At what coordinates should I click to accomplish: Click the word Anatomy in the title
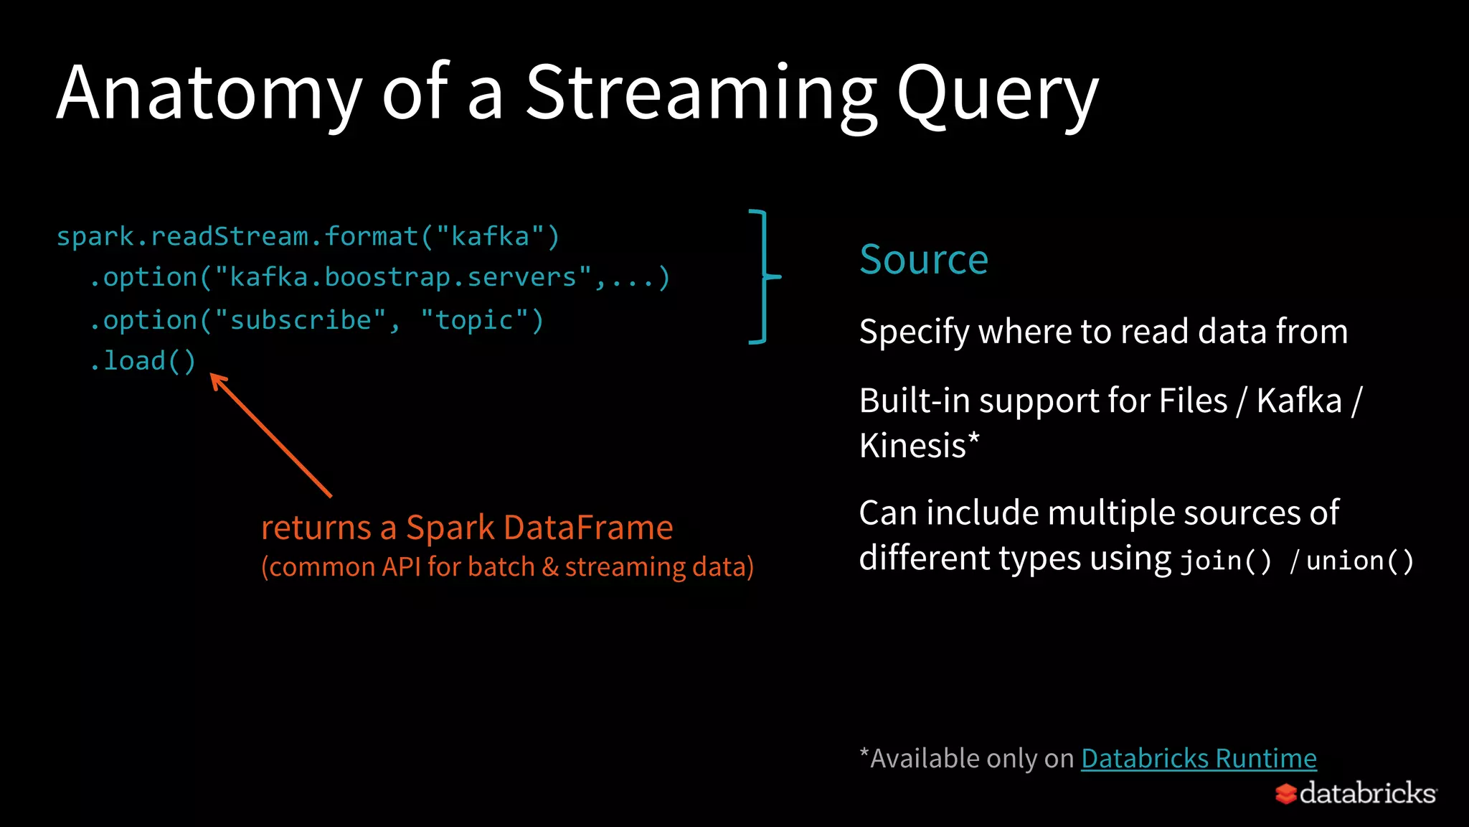pos(208,93)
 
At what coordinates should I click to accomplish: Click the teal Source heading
pos(924,259)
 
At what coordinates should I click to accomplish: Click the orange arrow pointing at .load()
pos(271,435)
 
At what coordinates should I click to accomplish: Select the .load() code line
pos(143,360)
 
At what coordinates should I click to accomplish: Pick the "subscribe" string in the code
pos(301,320)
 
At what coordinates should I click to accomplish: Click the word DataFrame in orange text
pos(588,528)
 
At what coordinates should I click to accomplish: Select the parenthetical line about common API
pos(507,567)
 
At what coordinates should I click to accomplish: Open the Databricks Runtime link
pos(1199,758)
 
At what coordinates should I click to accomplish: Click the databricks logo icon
pos(1285,793)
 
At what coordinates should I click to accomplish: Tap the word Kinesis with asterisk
pos(919,446)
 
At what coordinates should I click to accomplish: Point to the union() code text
pos(1359,561)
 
